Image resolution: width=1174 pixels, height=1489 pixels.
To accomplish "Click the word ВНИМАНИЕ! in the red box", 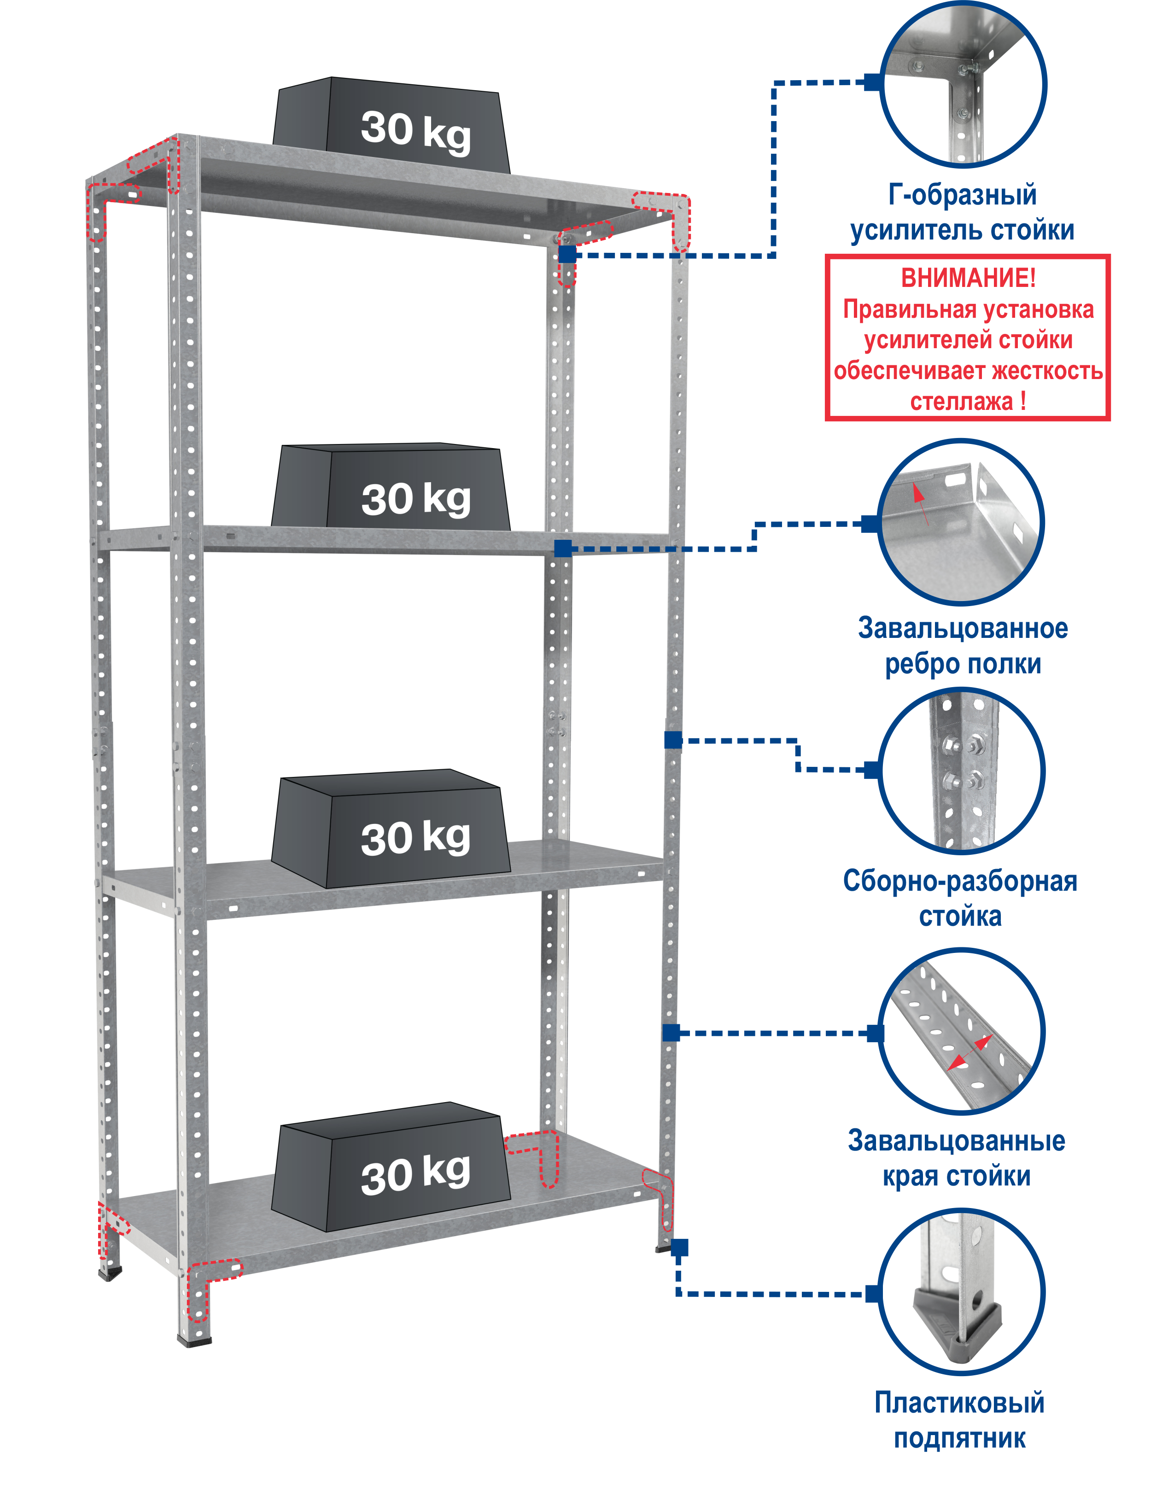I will (x=968, y=279).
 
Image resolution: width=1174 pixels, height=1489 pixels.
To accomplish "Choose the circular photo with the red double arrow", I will (x=962, y=1031).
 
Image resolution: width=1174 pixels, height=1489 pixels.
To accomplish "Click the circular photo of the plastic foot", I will (x=962, y=1292).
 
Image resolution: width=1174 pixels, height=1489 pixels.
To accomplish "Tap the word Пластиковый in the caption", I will (x=959, y=1403).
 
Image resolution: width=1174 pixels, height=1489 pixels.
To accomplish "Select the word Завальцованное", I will (x=962, y=628).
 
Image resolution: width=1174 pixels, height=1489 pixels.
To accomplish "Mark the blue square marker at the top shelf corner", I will (x=567, y=254).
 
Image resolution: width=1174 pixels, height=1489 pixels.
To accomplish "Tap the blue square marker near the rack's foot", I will (x=679, y=1247).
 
